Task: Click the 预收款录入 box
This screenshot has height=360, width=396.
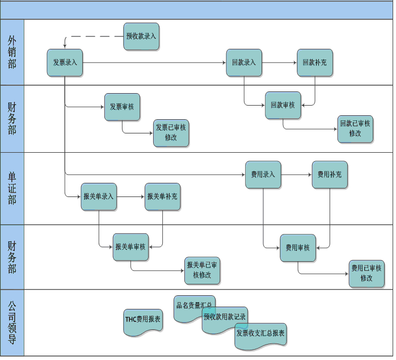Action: tap(141, 36)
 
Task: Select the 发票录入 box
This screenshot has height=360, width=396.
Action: tap(65, 62)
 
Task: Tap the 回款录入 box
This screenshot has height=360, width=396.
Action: tap(243, 62)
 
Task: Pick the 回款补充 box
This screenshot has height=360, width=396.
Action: tap(314, 62)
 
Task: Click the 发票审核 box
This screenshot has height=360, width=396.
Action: tap(122, 107)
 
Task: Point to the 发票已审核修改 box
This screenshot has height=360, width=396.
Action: tap(171, 133)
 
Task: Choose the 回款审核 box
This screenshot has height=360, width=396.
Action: tap(283, 105)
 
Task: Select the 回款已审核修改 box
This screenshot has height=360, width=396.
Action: tap(355, 129)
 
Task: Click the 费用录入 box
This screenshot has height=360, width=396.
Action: tap(263, 175)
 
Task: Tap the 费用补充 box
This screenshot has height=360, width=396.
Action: tap(329, 175)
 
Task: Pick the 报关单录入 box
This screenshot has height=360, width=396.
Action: tap(99, 196)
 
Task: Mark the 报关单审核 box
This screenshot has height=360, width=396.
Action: tap(130, 247)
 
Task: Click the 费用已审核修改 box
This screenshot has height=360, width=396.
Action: tap(366, 273)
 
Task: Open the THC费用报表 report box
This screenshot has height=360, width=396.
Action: tap(142, 320)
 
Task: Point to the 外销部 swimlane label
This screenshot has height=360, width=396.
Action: tap(12, 52)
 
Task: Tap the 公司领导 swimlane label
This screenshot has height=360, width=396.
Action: tap(12, 323)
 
